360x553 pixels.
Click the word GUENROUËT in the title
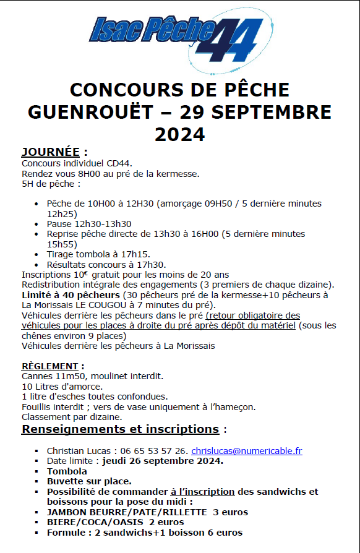point(96,112)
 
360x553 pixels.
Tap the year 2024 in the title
point(179,134)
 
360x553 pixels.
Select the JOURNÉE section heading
point(51,152)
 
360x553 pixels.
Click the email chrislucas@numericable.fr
point(246,451)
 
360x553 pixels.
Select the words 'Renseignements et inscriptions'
point(120,429)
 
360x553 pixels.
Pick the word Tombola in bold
point(67,471)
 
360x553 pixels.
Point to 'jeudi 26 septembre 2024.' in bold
point(163,461)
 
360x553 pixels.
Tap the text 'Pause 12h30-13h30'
point(88,224)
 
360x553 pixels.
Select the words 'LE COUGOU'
point(97,305)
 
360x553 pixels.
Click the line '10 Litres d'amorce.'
point(61,386)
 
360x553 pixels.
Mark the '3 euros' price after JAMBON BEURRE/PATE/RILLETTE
point(230,512)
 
